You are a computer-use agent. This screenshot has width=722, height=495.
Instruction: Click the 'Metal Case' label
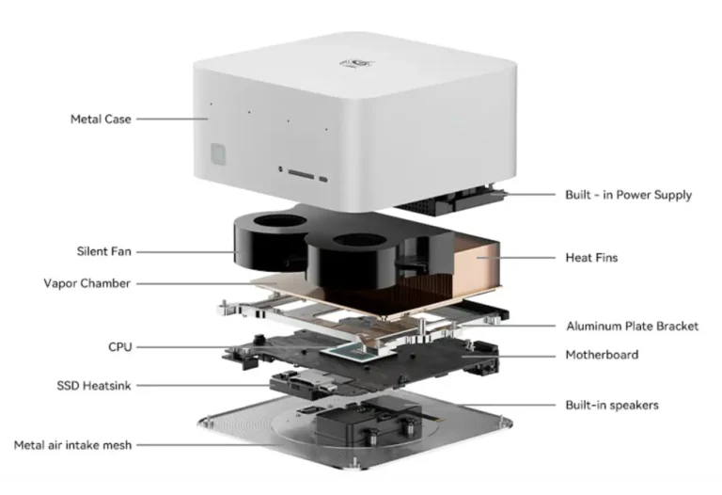101,119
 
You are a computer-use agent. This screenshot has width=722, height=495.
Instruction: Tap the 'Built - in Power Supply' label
629,195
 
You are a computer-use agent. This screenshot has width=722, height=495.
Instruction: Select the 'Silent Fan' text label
104,251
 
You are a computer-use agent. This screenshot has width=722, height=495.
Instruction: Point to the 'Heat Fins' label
591,257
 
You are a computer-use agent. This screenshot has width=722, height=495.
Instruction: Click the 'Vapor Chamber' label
87,283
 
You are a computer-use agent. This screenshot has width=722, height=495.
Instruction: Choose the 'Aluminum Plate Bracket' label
632,327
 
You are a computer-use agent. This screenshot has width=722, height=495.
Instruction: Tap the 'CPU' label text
120,347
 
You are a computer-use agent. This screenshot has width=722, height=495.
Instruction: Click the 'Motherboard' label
602,355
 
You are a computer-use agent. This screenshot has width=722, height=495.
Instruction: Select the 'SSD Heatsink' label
94,385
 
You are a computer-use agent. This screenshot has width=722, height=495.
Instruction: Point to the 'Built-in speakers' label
612,405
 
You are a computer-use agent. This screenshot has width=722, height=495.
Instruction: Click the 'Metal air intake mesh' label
72,445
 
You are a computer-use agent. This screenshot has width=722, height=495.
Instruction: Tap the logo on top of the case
357,63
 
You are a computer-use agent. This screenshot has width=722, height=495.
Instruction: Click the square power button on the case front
218,154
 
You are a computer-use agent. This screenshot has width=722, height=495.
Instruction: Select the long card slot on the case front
301,174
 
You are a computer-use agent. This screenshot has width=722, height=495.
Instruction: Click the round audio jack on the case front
280,169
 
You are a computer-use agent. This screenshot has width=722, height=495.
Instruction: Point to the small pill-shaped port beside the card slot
323,180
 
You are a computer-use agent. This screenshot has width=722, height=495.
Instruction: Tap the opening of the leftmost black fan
280,221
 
